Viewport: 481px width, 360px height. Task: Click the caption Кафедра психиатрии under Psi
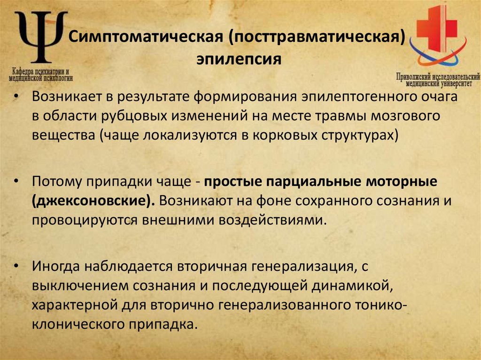[41, 72]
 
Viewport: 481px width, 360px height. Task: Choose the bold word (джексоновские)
[94, 201]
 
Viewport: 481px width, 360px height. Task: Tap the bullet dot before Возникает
[17, 97]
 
